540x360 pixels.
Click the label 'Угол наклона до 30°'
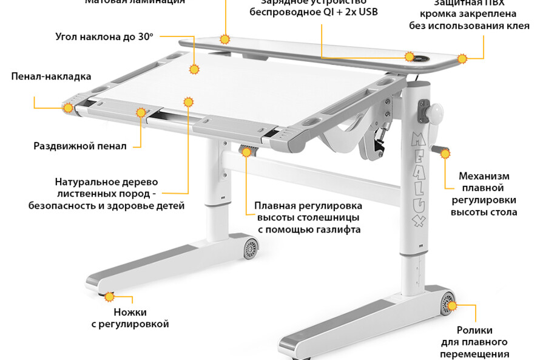[104, 36]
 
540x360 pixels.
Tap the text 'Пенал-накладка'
[51, 76]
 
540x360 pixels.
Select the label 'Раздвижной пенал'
[80, 146]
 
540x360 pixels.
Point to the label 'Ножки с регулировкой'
[130, 318]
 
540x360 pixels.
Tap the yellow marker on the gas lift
[246, 152]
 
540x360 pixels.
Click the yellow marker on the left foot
[109, 297]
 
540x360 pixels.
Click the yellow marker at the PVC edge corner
[462, 59]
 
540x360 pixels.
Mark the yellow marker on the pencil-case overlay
[69, 108]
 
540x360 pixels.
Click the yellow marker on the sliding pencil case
[141, 112]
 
